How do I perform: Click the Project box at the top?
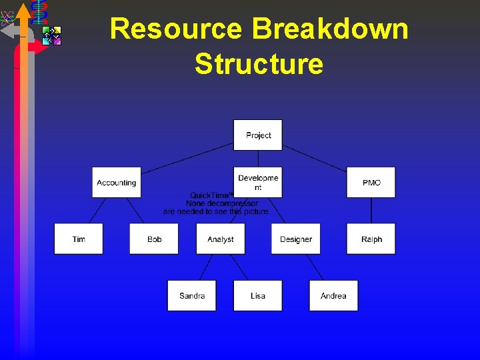[x=258, y=135]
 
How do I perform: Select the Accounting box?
[x=117, y=182]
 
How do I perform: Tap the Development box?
[x=258, y=182]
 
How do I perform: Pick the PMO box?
[x=371, y=182]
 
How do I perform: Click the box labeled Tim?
[x=79, y=239]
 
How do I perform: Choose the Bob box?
[x=155, y=239]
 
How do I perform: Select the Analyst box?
[x=221, y=239]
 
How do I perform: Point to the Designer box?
[x=296, y=239]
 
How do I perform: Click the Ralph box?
[x=371, y=239]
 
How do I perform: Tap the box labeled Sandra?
[x=192, y=295]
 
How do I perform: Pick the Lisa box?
[x=258, y=295]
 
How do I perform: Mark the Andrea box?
[x=333, y=295]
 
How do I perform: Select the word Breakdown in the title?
[x=331, y=29]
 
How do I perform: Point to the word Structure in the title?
[x=259, y=65]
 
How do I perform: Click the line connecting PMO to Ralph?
[x=371, y=211]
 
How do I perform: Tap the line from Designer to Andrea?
[x=315, y=267]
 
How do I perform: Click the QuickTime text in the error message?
[x=211, y=195]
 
